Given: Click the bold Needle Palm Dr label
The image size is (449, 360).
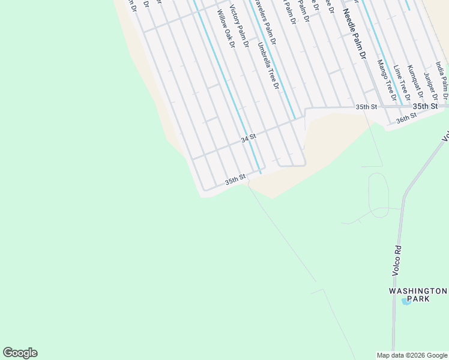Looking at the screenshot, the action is pos(354,35).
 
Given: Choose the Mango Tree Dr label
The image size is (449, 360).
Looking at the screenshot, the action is pos(387,80).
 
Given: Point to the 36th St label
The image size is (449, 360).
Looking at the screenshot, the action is pos(406,118).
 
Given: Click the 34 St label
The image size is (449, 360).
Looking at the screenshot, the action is pos(249,138).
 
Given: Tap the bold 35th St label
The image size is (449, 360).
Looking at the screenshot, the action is pos(425,106).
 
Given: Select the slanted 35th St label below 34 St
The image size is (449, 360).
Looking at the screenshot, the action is pos(235,179).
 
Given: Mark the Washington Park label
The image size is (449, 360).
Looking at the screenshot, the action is pos(418,295).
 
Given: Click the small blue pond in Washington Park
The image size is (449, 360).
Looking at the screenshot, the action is pos(406,302).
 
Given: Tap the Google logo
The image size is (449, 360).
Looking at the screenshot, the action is pos(20,353).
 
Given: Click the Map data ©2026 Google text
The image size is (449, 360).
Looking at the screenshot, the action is pos(411,355).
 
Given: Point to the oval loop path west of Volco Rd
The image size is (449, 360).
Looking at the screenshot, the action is pos(378,195).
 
